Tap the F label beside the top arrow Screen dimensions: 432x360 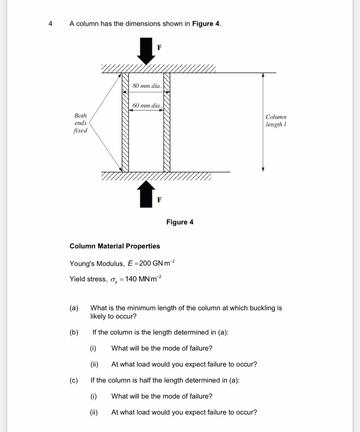coord(159,47)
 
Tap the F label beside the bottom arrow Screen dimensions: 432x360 coord(159,200)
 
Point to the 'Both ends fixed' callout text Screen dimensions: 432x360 coord(81,123)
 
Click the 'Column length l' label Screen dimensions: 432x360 coord(276,121)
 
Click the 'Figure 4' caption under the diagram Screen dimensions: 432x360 coord(180,222)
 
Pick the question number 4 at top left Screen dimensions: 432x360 coord(50,24)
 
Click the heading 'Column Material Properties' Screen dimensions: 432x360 coord(115,246)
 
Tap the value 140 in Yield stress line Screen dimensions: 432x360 coord(131,279)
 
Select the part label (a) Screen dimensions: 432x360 coord(74,308)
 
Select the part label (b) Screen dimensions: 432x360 coord(74,332)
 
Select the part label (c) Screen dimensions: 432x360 coord(74,380)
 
